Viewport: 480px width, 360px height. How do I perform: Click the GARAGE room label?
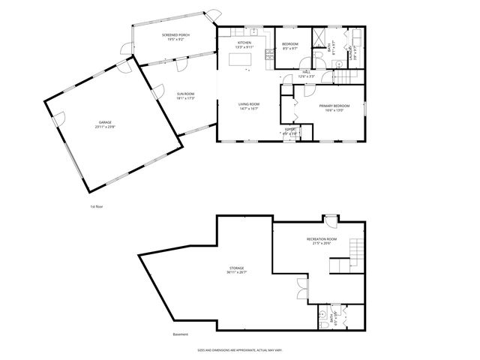105,124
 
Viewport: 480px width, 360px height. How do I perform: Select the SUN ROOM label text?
185,94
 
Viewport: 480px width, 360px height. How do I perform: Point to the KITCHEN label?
244,43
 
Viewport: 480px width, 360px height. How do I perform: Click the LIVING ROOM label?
249,105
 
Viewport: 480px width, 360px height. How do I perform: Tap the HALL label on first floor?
306,72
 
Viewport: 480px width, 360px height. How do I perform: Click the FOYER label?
289,130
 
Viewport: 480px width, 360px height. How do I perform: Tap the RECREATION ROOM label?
322,239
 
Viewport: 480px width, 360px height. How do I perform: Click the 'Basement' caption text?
180,334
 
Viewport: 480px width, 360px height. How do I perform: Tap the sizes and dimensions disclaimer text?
239,349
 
